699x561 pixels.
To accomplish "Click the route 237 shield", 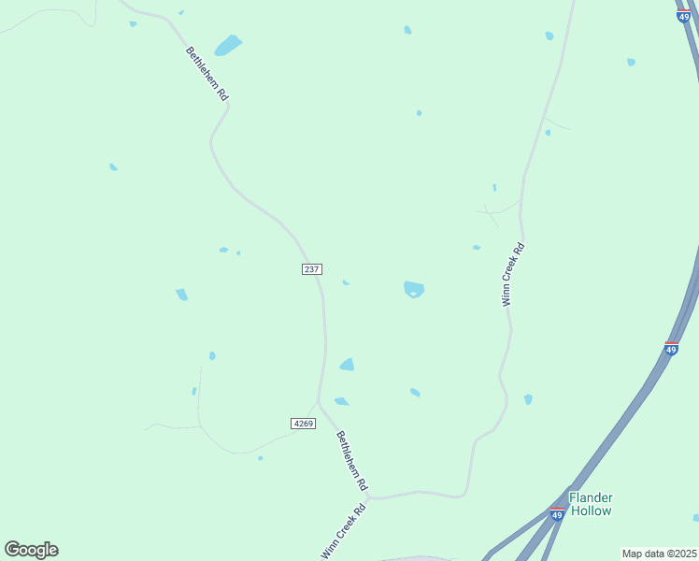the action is pos(312,269).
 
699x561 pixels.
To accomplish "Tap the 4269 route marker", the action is pos(304,424).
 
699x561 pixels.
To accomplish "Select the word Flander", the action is pos(591,497).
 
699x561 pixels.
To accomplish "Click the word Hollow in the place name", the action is pos(591,511).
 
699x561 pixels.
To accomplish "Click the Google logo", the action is pos(31,550).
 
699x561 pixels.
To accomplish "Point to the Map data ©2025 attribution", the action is pos(660,554).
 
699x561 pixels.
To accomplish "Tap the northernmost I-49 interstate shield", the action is pos(684,16).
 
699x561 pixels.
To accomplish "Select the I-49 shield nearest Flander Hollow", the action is pos(557,514).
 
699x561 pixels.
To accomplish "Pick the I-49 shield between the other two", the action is pos(671,348).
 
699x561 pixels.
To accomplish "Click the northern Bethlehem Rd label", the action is pos(207,74).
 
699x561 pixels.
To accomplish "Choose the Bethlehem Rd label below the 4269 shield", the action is pos(352,461).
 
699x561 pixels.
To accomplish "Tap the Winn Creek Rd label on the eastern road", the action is pos(513,275).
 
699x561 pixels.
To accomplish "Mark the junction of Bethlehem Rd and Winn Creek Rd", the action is pos(369,497).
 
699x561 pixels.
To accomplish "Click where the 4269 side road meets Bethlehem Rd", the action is pos(319,402).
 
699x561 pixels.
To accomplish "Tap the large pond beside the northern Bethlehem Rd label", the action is pos(227,45).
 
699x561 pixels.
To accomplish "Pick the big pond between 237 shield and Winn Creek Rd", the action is pos(413,289).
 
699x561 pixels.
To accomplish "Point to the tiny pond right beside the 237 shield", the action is pos(346,282).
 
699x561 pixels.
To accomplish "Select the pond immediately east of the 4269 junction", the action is pos(341,401).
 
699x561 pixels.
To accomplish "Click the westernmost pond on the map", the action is pos(113,166).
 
